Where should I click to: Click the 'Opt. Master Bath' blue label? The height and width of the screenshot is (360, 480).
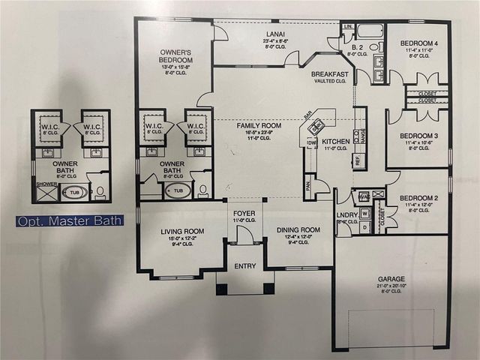point(70,220)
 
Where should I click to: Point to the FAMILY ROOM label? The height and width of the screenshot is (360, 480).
point(259,126)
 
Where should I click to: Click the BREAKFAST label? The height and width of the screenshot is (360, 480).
point(331,74)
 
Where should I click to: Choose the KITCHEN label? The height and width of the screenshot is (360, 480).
point(335,141)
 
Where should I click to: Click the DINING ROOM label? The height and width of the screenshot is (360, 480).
point(299,231)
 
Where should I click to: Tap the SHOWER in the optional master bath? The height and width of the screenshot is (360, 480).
point(46,184)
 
